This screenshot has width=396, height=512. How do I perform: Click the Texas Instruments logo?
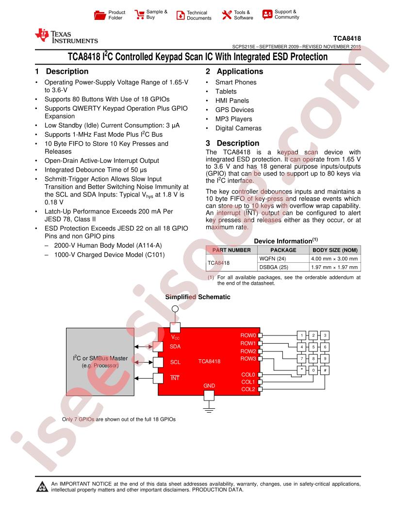pos(66,36)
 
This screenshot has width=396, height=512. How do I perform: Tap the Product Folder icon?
pos(99,15)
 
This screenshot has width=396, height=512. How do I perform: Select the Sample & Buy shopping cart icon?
pos(139,15)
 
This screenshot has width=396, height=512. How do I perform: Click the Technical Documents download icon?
pos(181,15)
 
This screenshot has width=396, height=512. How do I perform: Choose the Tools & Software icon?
pos(227,15)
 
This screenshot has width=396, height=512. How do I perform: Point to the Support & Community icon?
pos(267,15)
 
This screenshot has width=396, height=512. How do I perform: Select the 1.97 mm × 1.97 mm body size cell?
pos(334,267)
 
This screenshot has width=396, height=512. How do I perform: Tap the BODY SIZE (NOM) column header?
pos(335,250)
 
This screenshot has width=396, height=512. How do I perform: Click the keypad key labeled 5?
pos(313,347)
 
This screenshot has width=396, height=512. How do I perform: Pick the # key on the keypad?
pos(325,370)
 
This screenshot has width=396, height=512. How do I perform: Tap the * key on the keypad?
pos(301,370)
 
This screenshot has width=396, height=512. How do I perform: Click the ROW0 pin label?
pos(248,336)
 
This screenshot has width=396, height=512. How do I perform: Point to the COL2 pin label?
pos(248,389)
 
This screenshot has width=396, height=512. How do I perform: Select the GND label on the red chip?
pos(209,385)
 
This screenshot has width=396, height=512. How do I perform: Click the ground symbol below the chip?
pos(209,409)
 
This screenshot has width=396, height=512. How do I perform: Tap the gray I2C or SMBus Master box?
pos(100,362)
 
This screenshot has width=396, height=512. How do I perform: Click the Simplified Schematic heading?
pos(198,297)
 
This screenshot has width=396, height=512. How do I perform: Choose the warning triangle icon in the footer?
pos(42,486)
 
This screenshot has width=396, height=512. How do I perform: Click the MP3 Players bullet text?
pos(233,119)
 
